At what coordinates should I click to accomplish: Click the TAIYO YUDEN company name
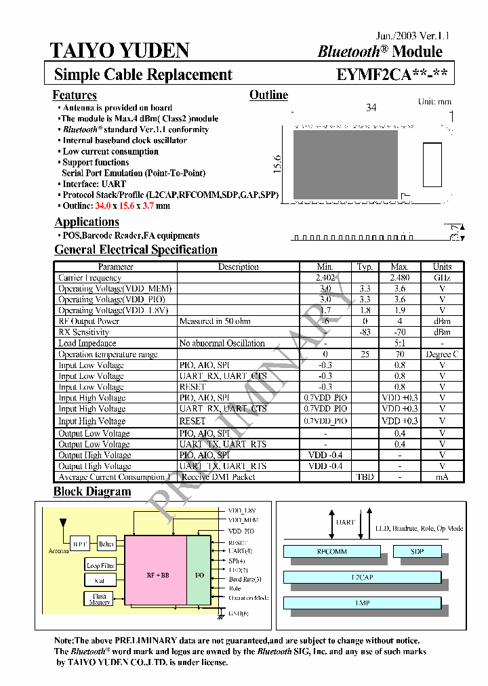(x=120, y=51)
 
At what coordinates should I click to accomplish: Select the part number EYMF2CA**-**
(x=392, y=75)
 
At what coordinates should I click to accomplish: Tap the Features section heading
(x=75, y=96)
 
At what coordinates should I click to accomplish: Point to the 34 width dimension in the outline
(x=371, y=108)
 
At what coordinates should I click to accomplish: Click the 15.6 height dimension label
(x=277, y=165)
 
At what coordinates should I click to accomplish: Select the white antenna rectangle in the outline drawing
(x=432, y=163)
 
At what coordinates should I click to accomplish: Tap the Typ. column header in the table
(x=365, y=266)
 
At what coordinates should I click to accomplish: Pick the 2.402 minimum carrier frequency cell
(x=325, y=277)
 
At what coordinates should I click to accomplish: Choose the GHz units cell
(x=442, y=277)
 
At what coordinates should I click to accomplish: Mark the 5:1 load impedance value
(x=400, y=343)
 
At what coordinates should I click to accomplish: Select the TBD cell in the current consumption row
(x=365, y=477)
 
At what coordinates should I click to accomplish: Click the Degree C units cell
(x=442, y=355)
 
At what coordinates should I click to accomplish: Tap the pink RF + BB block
(x=157, y=574)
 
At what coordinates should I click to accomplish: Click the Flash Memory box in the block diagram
(x=99, y=599)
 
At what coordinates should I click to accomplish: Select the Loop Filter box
(x=100, y=565)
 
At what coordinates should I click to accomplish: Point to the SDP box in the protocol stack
(x=416, y=552)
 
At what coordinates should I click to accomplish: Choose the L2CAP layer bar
(x=363, y=577)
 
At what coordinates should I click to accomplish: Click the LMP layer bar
(x=363, y=602)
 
